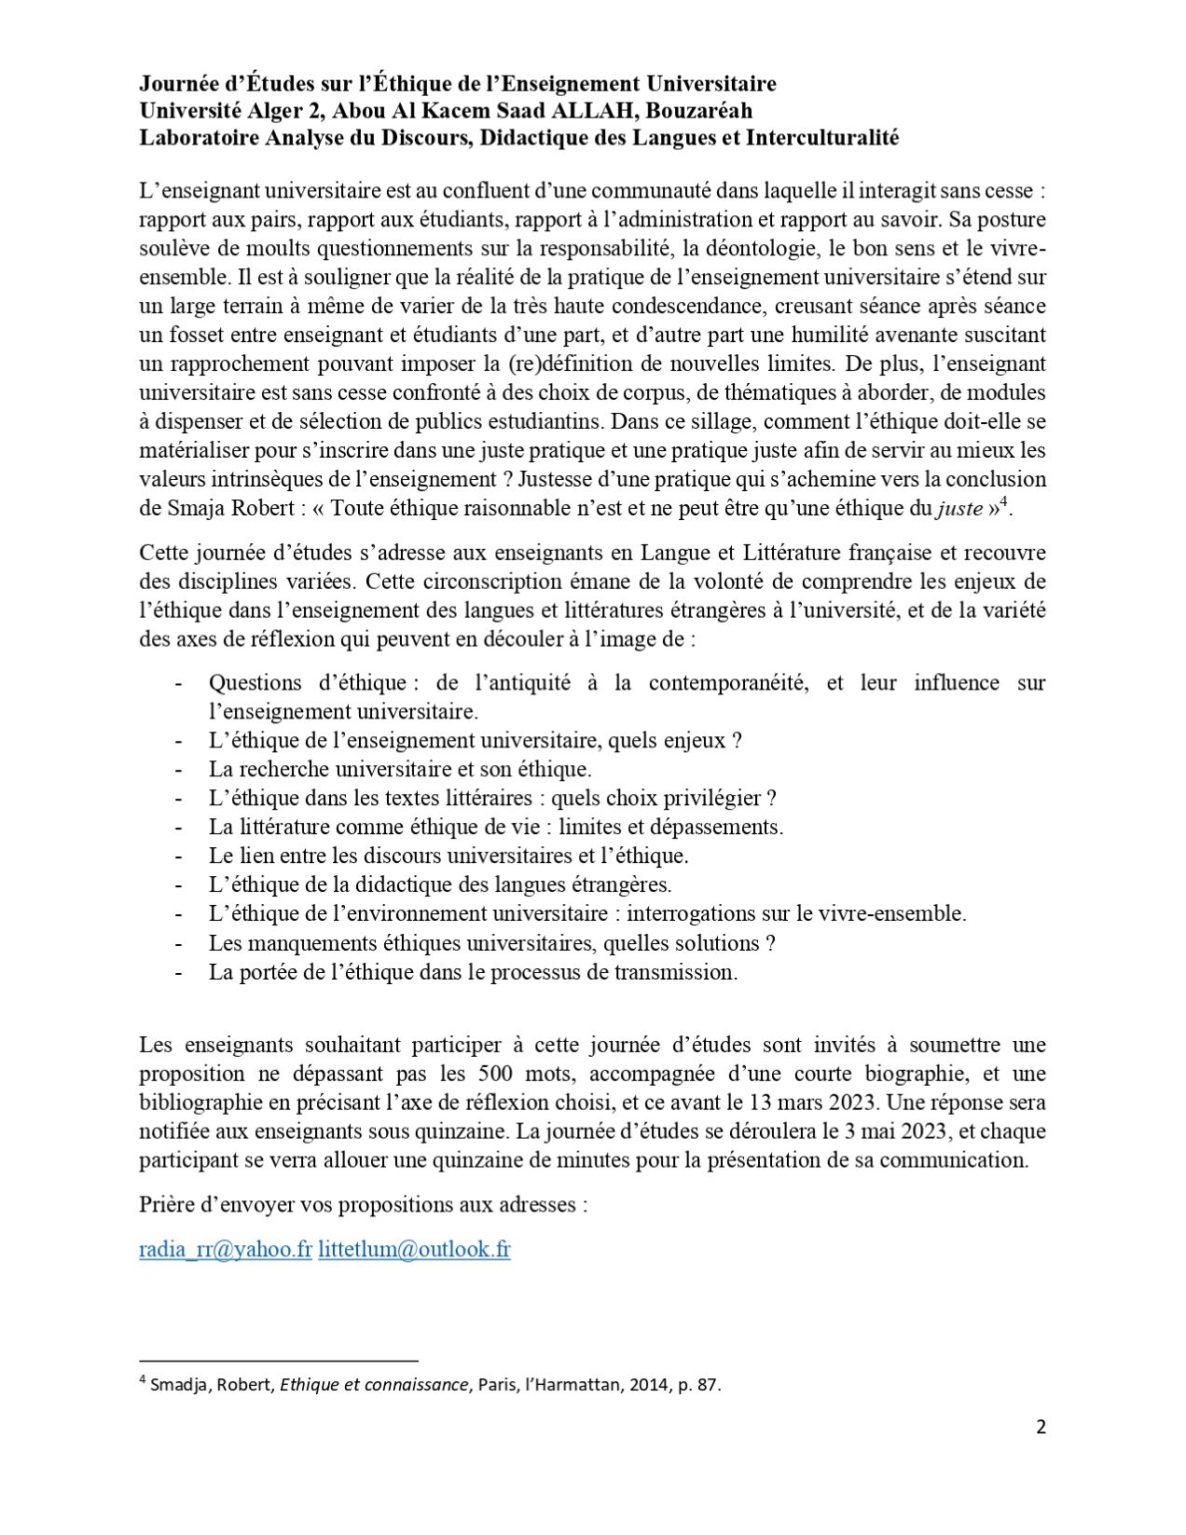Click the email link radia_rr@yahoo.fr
coord(225,1250)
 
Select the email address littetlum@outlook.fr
coord(414,1250)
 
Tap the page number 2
coord(1041,1427)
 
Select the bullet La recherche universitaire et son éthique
coord(400,769)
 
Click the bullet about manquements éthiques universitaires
coord(491,943)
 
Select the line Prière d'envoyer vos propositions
coord(363,1204)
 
